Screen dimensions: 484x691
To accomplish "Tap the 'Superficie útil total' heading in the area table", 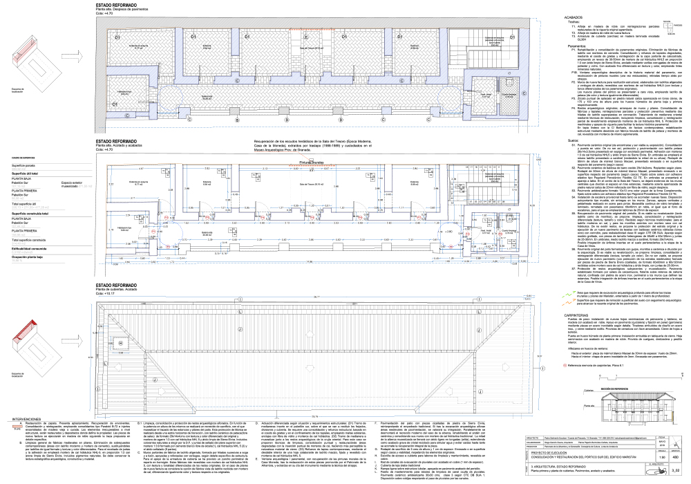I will click(x=24, y=172).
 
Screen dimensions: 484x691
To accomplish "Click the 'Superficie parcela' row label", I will click(x=23, y=166).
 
